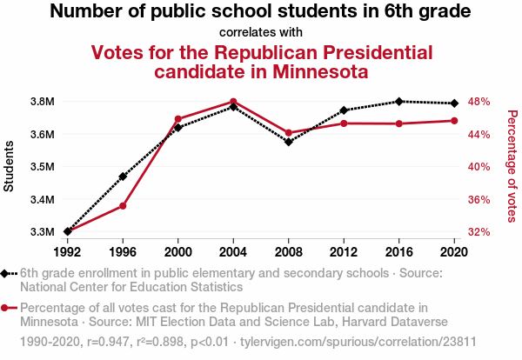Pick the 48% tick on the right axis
tap(480, 102)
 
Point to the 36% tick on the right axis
tap(480, 200)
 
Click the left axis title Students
tap(10, 167)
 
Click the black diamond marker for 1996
tap(123, 177)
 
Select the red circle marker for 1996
tap(123, 206)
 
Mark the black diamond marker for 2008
tap(289, 142)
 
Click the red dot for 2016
tap(399, 123)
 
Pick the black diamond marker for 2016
tap(399, 102)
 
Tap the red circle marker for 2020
tap(454, 121)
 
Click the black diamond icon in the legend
tap(6, 273)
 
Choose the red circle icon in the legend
tap(6, 308)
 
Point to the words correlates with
tap(261, 33)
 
